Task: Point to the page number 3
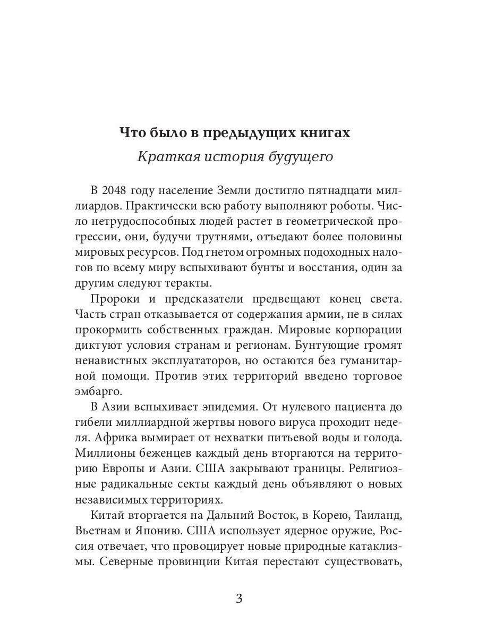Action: [x=239, y=599]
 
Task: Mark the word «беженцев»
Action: [x=158, y=454]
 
